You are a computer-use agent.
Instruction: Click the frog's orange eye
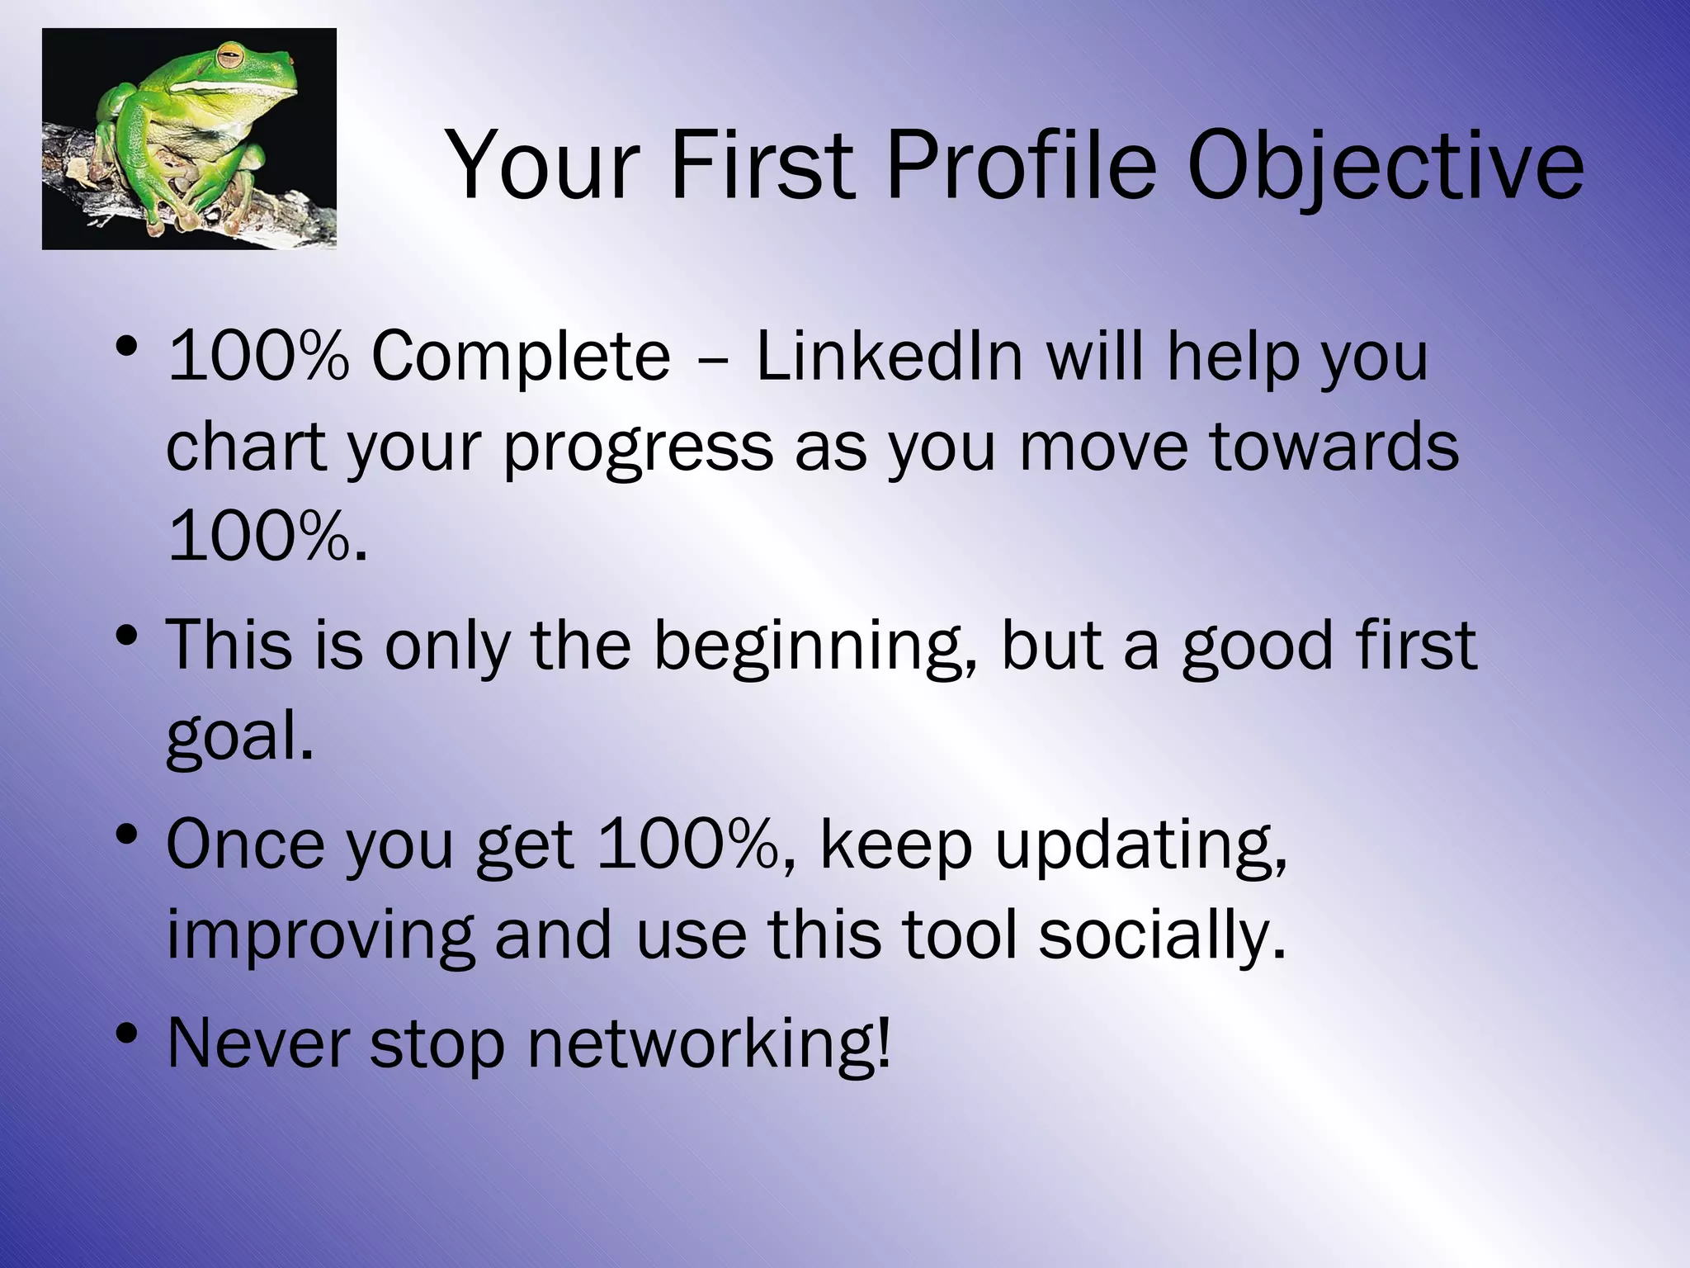(230, 59)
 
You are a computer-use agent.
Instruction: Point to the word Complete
(521, 357)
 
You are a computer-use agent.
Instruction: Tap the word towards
(1334, 447)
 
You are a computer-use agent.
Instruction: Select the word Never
(258, 1043)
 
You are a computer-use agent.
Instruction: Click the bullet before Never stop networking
(126, 1034)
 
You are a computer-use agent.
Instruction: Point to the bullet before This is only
(126, 636)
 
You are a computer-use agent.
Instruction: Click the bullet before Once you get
(126, 836)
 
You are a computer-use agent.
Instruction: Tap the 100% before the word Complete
(258, 357)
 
